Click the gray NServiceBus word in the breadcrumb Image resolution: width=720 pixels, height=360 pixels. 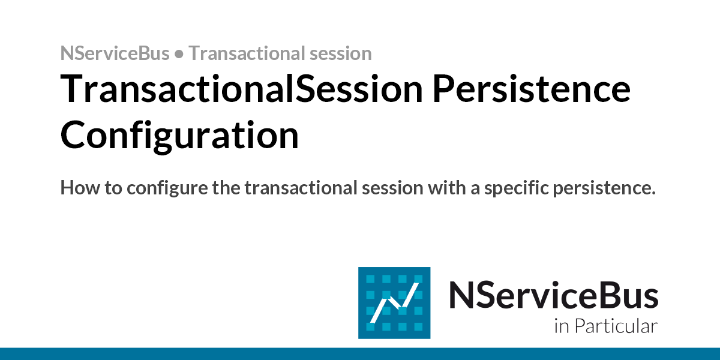[115, 53]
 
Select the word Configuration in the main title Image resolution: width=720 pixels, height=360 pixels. [179, 136]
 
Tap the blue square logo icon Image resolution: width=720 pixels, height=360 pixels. [394, 302]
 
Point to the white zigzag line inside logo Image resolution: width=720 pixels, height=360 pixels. [394, 303]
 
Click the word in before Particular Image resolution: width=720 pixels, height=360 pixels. [561, 326]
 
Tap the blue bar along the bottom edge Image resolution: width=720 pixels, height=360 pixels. [360, 353]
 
